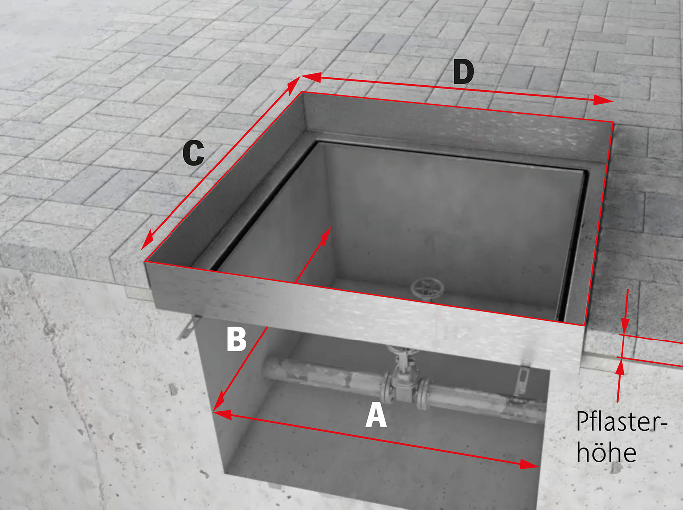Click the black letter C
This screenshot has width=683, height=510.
193,153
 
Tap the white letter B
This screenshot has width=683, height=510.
236,339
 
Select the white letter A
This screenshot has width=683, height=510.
376,415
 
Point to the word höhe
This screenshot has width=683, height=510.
606,453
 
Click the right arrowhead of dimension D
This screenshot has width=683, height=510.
603,100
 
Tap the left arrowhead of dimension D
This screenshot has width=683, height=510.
311,77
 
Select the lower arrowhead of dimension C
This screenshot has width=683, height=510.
147,240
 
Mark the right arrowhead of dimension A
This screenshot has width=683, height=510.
529,464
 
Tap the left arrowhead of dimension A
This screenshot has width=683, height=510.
223,414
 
